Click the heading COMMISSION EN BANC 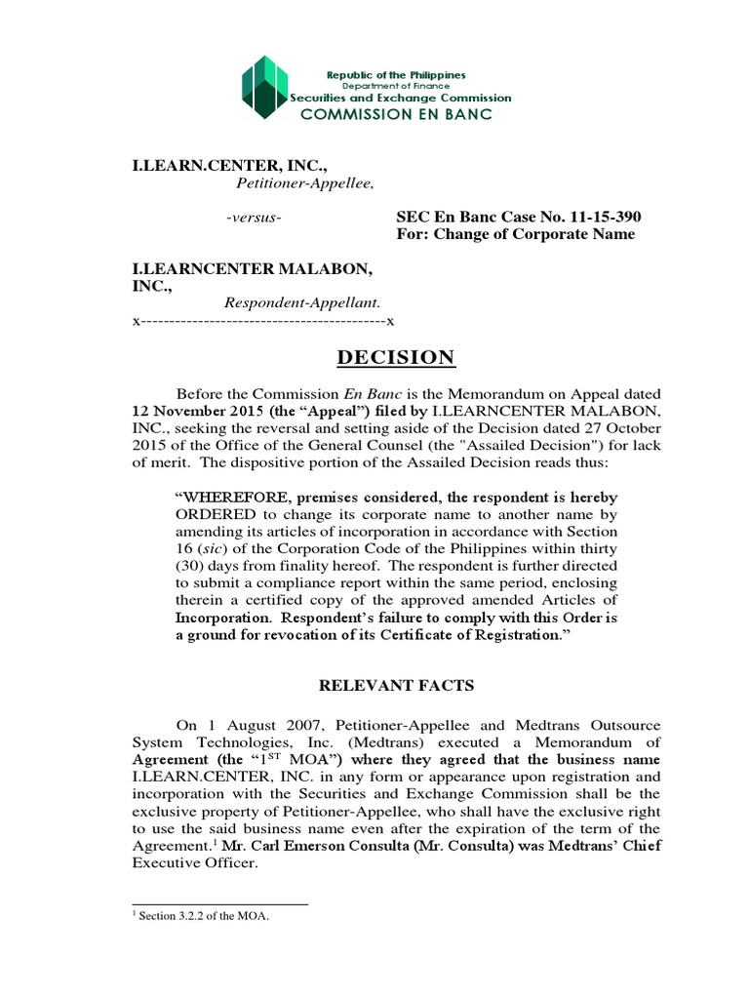pos(395,114)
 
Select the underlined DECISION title pos(395,358)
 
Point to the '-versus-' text pos(254,216)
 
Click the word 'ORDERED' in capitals pos(210,514)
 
